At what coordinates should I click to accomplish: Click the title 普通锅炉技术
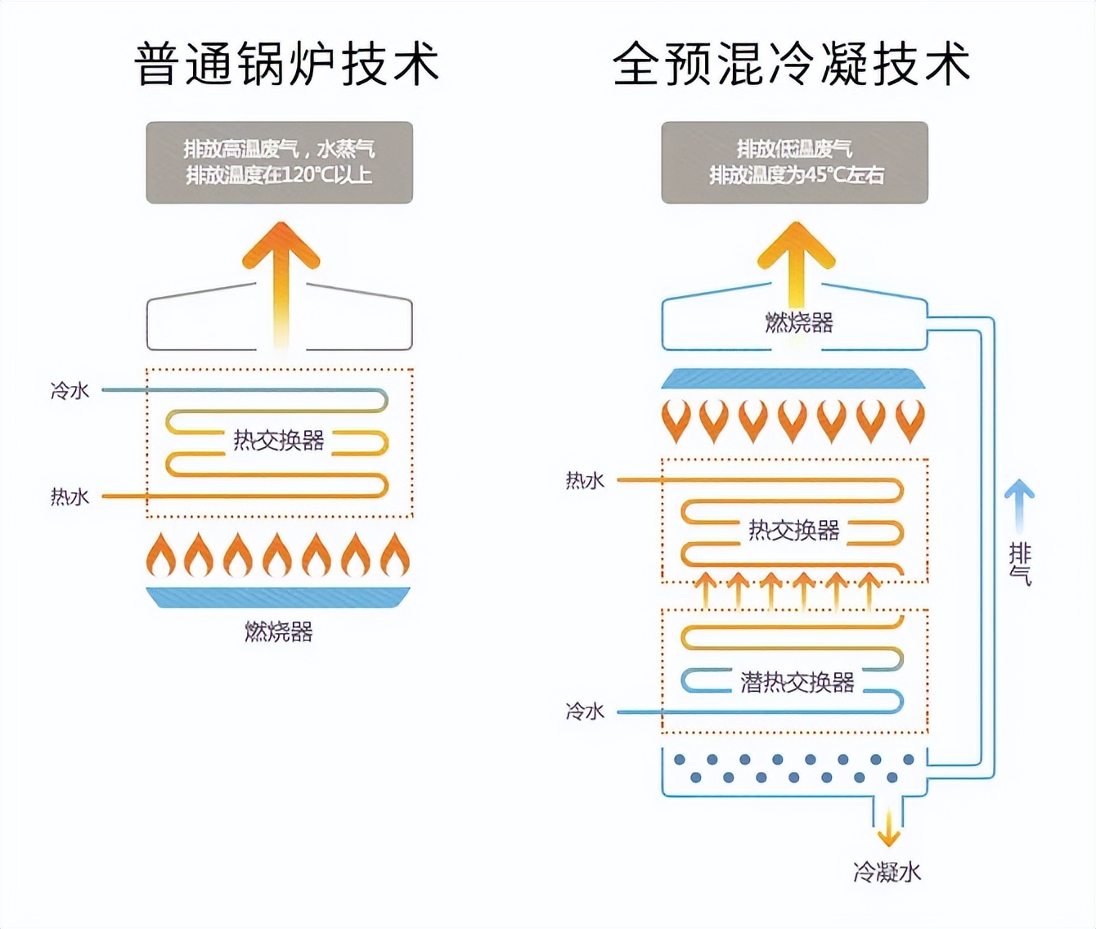coord(286,64)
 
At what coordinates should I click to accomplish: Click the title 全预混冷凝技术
coord(791,64)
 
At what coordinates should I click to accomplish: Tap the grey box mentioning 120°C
coord(279,162)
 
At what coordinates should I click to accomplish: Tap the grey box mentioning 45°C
coord(794,162)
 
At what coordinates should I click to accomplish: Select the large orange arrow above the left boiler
coord(281,278)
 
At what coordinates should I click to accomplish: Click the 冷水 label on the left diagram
coord(70,391)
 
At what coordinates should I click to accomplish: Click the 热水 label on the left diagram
coord(70,496)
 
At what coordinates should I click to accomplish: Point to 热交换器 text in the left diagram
coord(279,441)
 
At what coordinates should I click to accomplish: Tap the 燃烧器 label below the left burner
coord(279,631)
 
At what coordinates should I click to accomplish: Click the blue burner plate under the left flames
coord(278,597)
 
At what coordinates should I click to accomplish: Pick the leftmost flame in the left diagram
coord(161,555)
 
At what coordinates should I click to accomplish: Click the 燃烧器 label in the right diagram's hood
coord(798,323)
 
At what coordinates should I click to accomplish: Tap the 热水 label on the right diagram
coord(585,480)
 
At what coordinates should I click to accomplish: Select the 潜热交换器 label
coord(797,681)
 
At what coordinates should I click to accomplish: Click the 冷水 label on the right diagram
coord(585,711)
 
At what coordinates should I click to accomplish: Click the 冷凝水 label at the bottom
coord(887,872)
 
